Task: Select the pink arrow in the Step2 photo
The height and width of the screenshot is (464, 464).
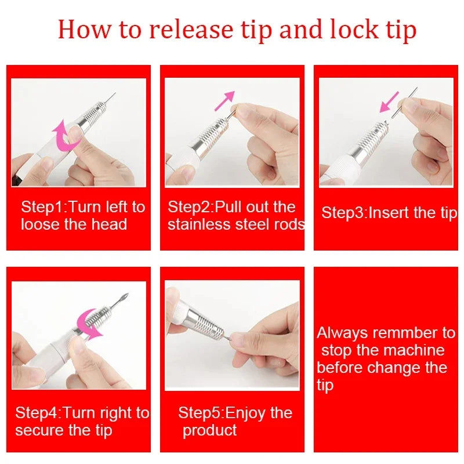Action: tap(224, 100)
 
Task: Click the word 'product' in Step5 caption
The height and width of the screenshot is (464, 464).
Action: tap(209, 430)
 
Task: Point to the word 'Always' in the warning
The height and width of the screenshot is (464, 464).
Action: tap(342, 333)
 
